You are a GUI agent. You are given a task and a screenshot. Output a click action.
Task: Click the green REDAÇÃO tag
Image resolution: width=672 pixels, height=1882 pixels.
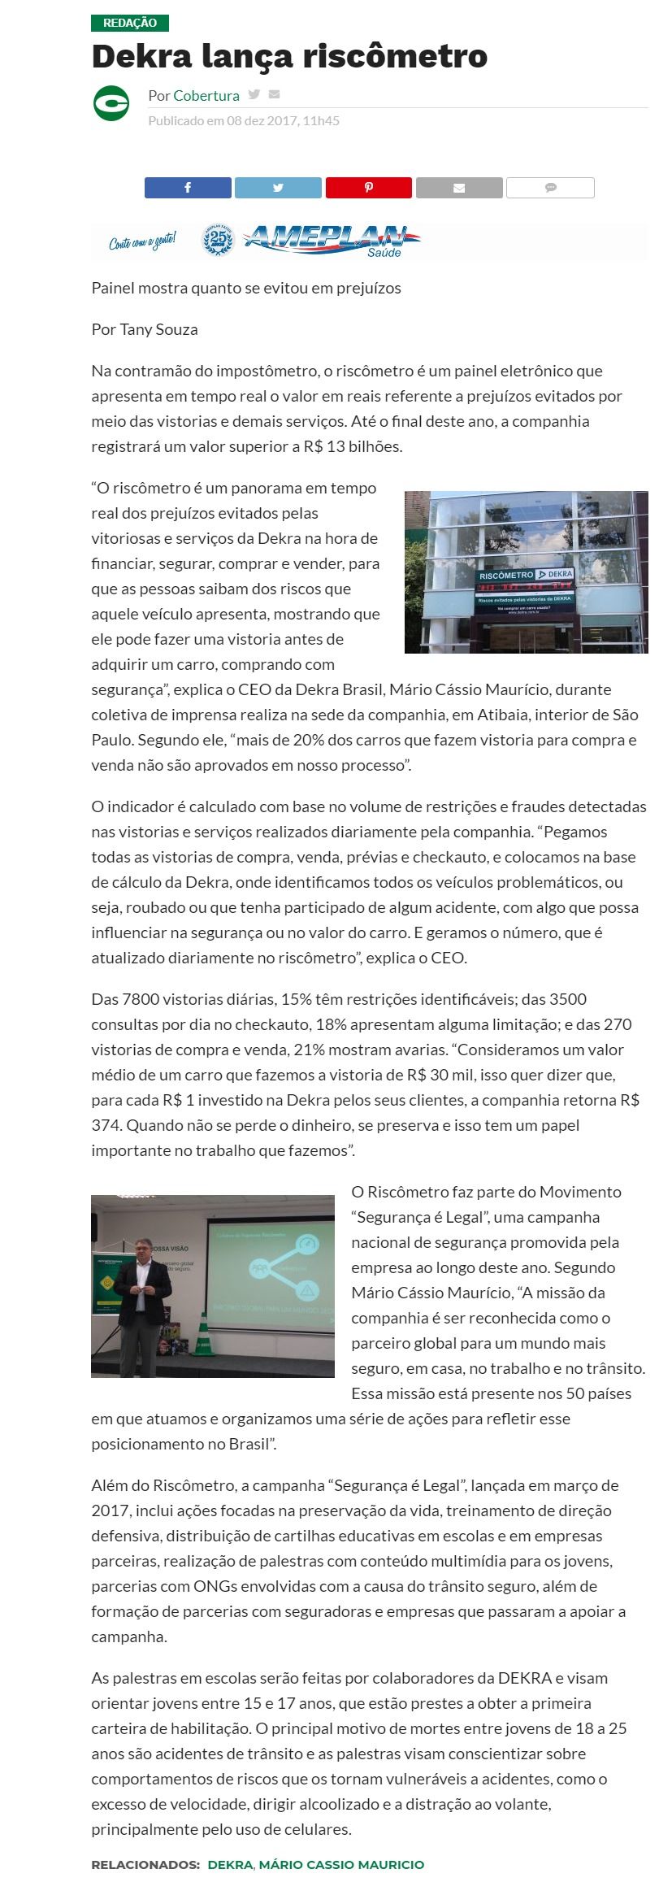coord(130,23)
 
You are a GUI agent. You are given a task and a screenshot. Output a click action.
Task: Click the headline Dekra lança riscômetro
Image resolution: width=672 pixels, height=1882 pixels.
coord(289,57)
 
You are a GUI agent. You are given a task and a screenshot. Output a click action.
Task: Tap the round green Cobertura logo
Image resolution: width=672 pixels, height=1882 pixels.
coord(111,103)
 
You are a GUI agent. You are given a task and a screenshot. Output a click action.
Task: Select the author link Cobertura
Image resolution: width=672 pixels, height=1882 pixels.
coord(206,96)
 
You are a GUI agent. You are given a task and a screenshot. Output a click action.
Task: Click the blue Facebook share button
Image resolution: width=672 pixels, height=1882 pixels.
coord(188,188)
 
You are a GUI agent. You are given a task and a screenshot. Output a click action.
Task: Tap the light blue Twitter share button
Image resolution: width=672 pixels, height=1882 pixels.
coord(278,188)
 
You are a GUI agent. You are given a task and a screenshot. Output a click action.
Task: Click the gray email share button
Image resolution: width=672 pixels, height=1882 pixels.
coord(459,188)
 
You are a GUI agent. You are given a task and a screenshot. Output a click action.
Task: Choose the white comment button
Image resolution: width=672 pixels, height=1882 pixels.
coord(550,188)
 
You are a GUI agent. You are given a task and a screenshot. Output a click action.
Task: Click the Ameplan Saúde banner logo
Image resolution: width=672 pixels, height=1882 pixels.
coord(332,240)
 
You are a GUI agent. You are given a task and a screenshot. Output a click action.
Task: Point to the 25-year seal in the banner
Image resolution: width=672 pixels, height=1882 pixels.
coord(217,240)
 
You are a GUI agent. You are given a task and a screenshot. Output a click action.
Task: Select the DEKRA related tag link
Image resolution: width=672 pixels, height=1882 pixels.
coord(230,1864)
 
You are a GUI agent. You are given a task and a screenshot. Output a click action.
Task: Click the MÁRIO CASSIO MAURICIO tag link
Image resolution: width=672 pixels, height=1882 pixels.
coord(341,1864)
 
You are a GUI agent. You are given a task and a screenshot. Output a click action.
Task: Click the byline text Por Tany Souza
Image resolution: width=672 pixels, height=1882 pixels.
coord(145,329)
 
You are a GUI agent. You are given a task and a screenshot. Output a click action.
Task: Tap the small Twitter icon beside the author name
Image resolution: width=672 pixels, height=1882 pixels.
coord(254,94)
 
